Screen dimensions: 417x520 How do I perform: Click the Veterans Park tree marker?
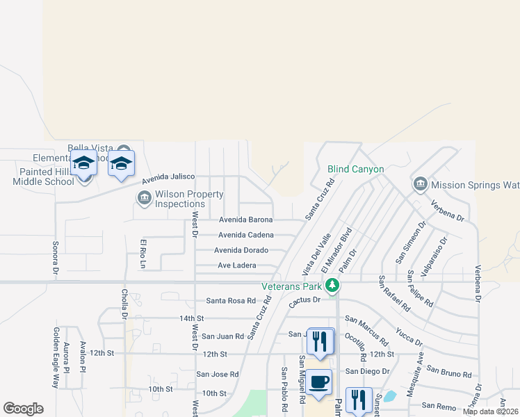[x=333, y=286]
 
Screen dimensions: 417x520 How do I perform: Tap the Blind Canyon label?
[x=355, y=169]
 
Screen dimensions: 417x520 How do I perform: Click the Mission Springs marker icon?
[x=420, y=185]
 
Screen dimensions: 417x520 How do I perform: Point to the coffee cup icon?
[x=320, y=382]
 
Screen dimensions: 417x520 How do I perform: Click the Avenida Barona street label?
[x=245, y=220]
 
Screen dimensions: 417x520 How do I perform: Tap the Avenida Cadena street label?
[x=245, y=235]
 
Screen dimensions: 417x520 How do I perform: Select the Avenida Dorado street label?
[x=241, y=250]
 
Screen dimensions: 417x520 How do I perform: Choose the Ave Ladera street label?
[x=237, y=265]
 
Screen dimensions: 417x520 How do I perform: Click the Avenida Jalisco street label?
[x=168, y=178]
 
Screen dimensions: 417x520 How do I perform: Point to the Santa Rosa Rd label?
[x=231, y=301]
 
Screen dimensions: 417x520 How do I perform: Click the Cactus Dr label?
[x=304, y=300]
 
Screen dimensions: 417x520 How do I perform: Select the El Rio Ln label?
[x=143, y=254]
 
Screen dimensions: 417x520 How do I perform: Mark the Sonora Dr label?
[x=55, y=258]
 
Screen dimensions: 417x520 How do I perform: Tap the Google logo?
[x=23, y=409]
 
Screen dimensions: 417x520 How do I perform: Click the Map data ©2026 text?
[x=490, y=411]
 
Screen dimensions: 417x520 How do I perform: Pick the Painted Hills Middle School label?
[x=43, y=177]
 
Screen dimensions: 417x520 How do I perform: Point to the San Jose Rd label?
[x=217, y=374]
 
